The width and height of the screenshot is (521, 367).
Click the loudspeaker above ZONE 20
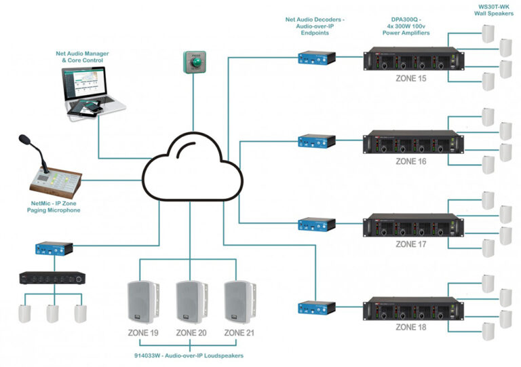click(x=191, y=301)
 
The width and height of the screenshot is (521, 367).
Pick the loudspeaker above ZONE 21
click(x=240, y=301)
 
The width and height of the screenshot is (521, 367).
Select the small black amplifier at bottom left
click(x=52, y=277)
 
